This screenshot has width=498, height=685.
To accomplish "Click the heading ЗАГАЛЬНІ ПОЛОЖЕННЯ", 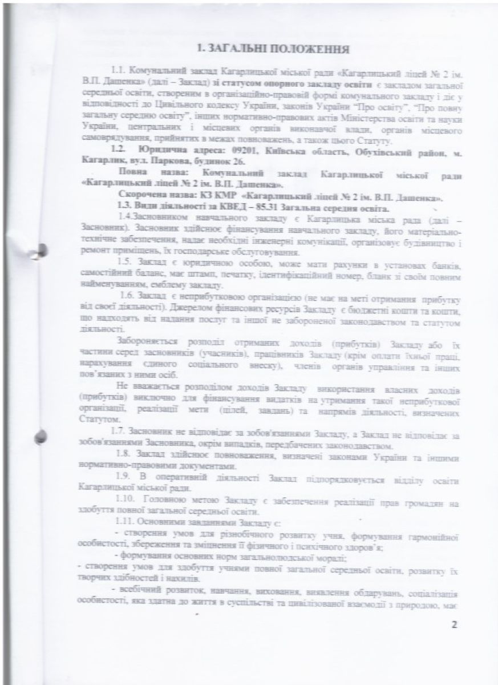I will point(273,50).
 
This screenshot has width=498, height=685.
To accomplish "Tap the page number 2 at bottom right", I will point(455,624).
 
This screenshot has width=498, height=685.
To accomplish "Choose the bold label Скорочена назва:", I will point(152,198).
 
